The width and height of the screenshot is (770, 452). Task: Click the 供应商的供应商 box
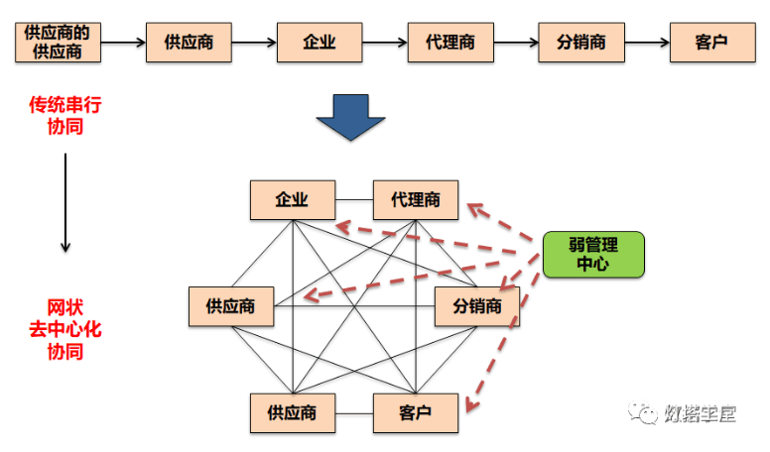(58, 43)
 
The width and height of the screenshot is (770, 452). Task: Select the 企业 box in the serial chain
(320, 43)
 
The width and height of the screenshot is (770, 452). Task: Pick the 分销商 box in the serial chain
(580, 43)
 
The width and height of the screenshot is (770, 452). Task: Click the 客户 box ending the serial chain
(710, 43)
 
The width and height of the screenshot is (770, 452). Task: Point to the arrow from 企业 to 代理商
(385, 43)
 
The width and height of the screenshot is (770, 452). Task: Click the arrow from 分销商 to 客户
(646, 43)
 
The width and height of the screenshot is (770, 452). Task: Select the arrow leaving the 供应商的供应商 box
(122, 43)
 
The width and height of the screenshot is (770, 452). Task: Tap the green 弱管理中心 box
(592, 254)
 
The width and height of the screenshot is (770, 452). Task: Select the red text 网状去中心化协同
(64, 328)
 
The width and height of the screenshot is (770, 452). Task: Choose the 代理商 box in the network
(416, 199)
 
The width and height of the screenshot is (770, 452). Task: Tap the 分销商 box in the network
(477, 306)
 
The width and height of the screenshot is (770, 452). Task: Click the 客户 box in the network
(416, 412)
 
